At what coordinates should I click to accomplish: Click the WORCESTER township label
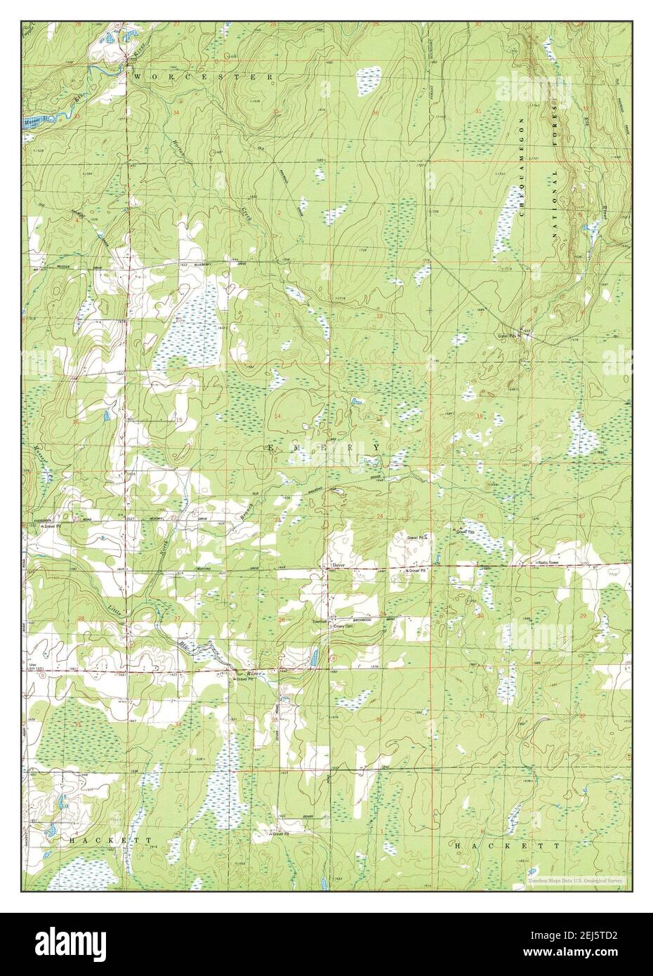click(204, 75)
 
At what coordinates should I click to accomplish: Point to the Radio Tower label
click(552, 563)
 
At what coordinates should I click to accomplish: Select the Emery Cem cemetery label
click(342, 626)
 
